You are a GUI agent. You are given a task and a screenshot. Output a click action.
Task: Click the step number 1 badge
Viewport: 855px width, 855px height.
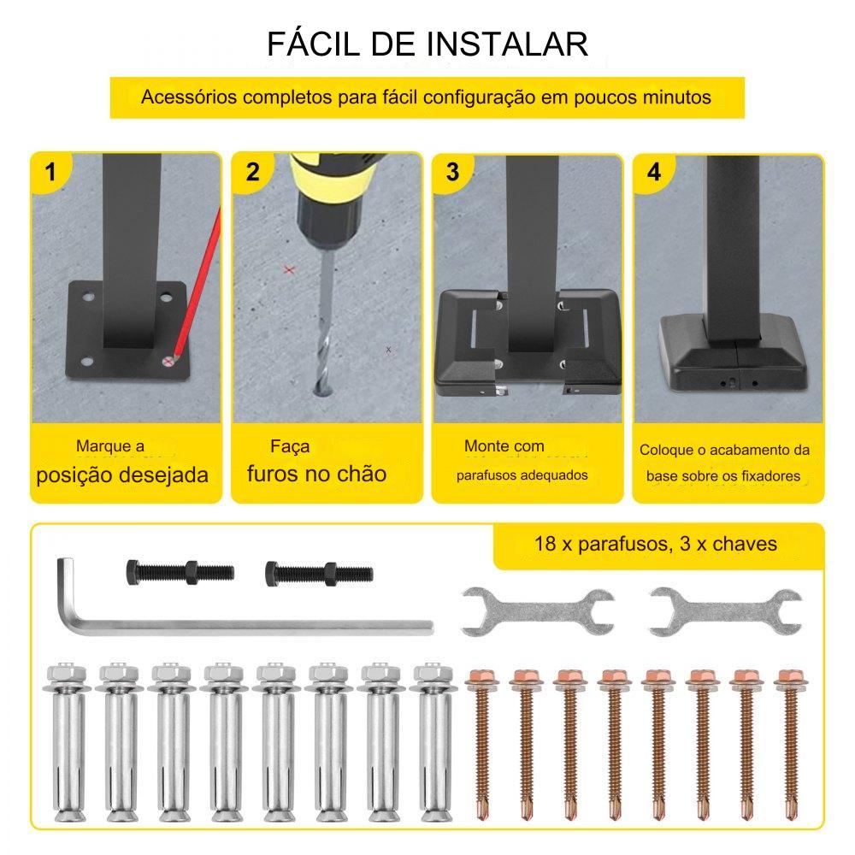point(50,173)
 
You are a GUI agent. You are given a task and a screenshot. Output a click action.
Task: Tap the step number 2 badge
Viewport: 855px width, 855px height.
point(252,173)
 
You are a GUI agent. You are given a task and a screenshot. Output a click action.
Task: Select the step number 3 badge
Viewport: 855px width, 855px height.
point(452,173)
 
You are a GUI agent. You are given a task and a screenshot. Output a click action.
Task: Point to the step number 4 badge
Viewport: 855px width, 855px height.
point(654,173)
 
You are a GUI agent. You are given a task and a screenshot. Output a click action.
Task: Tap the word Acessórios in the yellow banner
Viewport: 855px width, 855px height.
point(189,97)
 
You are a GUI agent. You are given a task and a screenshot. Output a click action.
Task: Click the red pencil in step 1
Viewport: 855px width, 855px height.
point(197,284)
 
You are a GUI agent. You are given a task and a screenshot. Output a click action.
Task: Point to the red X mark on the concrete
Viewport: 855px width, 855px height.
point(289,269)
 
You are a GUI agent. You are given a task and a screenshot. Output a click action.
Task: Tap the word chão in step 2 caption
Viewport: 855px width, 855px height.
point(363,474)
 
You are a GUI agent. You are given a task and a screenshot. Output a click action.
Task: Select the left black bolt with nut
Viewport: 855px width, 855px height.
point(180,573)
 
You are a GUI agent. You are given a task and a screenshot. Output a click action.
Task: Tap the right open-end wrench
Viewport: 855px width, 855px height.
point(726,612)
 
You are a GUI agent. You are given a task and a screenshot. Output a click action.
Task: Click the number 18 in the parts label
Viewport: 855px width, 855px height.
point(545,544)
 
